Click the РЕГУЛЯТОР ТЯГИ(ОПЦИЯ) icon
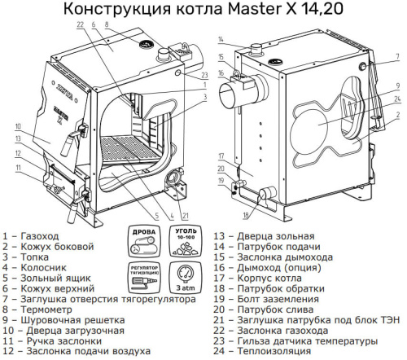tap(143, 277)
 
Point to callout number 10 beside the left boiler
tap(16, 126)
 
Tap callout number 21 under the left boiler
tap(186, 215)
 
